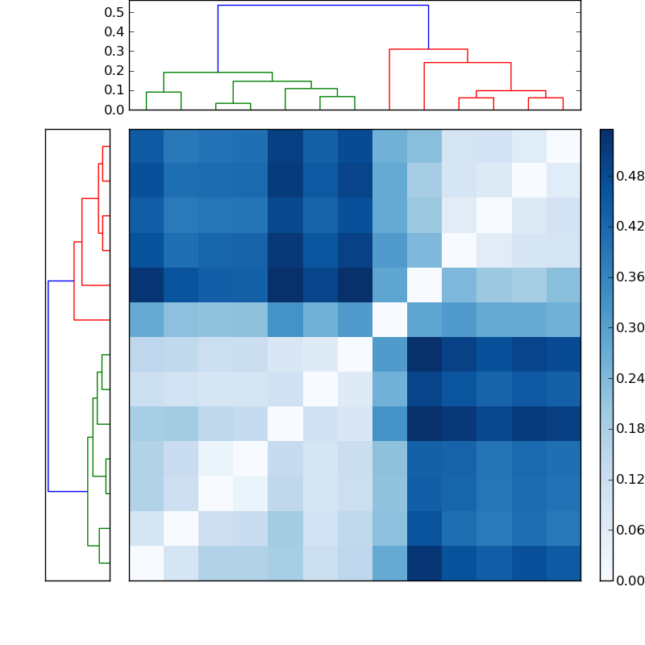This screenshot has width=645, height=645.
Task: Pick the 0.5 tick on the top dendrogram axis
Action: coord(114,12)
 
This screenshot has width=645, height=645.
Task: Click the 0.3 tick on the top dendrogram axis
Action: coord(114,51)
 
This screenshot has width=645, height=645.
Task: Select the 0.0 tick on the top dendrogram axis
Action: coord(114,110)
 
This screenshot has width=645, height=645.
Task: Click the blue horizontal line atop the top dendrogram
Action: coord(322,5)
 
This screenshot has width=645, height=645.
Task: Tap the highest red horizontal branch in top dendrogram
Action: coord(428,49)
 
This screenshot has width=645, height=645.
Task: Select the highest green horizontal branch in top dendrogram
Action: coord(218,73)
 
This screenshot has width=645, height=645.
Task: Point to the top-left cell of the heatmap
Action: coord(146,146)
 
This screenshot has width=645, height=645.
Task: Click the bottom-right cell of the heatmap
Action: coord(563,563)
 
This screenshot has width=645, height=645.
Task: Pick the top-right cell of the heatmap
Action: coord(563,146)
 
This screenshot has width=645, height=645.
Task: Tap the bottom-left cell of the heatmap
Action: coord(146,563)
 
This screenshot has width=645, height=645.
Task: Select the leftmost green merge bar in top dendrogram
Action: coord(163,92)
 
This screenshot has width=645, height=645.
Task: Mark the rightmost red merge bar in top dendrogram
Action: coord(545,98)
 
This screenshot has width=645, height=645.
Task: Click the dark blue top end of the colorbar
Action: coord(606,133)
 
